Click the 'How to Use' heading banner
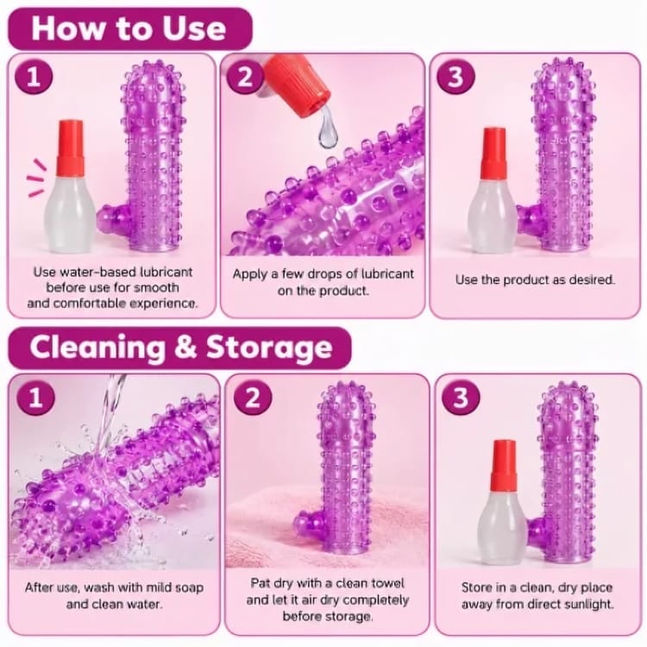pos(129,28)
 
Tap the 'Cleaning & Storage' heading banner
pos(180,348)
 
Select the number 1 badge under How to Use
pos(34,76)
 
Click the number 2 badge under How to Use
pos(245,76)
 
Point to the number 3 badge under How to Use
pos(455,76)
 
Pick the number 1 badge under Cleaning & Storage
pos(36,397)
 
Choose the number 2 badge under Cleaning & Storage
pos(253,397)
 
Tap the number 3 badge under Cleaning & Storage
pos(461,397)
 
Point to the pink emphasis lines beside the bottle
pos(36,178)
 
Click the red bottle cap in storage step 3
pos(504,465)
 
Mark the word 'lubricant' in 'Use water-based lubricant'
pos(166,272)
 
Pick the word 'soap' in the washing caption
pos(190,587)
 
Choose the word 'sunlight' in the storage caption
pos(588,605)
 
